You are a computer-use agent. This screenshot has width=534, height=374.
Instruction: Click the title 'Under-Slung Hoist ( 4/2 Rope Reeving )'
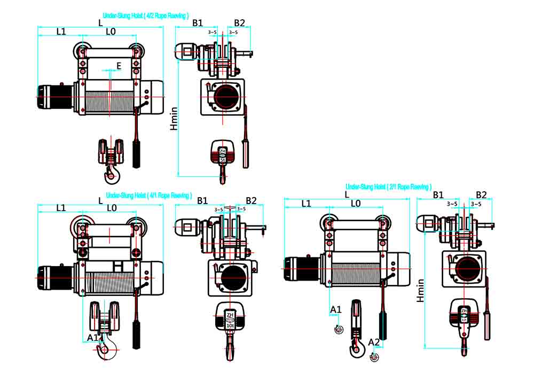tap(145, 16)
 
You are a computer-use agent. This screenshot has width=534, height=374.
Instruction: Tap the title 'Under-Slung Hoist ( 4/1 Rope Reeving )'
tap(148, 196)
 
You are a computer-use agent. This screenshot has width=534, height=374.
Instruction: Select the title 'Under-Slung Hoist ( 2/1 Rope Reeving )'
tap(388, 187)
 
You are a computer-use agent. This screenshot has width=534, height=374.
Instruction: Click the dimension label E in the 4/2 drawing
tap(119, 66)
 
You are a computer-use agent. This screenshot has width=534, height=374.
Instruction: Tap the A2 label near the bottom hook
tap(374, 342)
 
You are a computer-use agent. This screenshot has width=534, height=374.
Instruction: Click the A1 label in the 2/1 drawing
tap(335, 309)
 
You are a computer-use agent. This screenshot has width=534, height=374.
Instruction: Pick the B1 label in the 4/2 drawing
tap(198, 23)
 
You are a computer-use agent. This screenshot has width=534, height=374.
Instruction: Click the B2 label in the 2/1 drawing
tap(481, 194)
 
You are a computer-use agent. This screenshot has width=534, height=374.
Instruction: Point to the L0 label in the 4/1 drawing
tap(111, 208)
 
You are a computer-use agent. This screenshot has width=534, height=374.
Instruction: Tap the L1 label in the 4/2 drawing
tap(61, 32)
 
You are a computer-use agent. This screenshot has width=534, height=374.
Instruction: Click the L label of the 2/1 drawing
tap(347, 194)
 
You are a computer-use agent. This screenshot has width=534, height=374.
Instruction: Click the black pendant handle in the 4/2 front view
tap(136, 155)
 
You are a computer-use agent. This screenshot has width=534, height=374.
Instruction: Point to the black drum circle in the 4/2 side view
tap(226, 97)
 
